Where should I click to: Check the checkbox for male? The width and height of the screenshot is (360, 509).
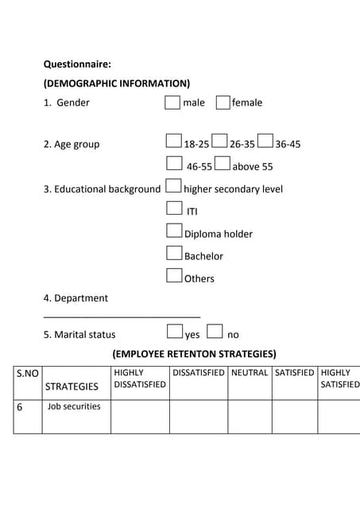pos(172,103)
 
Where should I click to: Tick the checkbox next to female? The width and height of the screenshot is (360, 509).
pos(223,103)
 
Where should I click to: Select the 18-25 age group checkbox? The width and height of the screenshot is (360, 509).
pos(174,142)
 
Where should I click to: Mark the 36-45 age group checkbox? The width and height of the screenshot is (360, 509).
pos(265,142)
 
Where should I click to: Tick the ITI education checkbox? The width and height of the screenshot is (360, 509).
pos(174,209)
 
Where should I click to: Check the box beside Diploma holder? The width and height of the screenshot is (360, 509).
pos(174,231)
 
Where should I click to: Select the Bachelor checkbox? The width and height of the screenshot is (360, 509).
pos(174,254)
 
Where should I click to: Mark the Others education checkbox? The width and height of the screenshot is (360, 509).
pos(174,276)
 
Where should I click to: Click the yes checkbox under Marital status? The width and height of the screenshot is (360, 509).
pos(175,332)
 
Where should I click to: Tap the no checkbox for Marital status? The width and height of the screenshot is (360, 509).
pos(215,332)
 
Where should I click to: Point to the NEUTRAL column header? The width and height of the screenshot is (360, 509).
pos(250,372)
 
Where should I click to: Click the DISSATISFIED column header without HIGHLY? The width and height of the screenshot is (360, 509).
pos(198,372)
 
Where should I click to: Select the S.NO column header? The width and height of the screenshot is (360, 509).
pos(28,372)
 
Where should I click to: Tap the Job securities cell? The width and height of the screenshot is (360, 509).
pos(74,406)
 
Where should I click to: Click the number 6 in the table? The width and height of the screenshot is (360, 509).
pos(19,406)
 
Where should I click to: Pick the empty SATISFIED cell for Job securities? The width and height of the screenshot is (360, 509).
pos(294,416)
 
